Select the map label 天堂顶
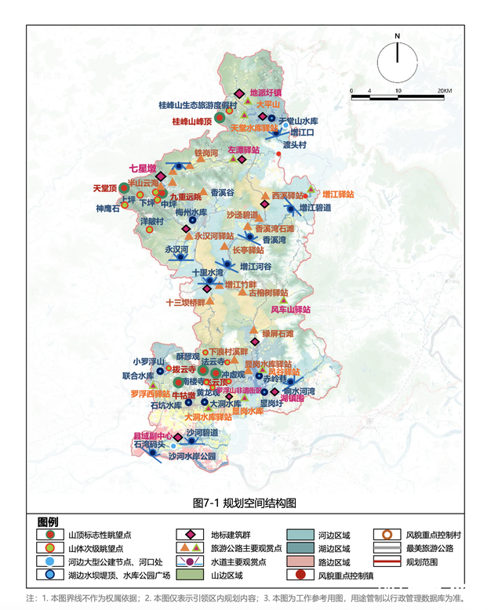[x=104, y=188]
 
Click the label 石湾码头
[x=148, y=445]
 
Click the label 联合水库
[x=138, y=376]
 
